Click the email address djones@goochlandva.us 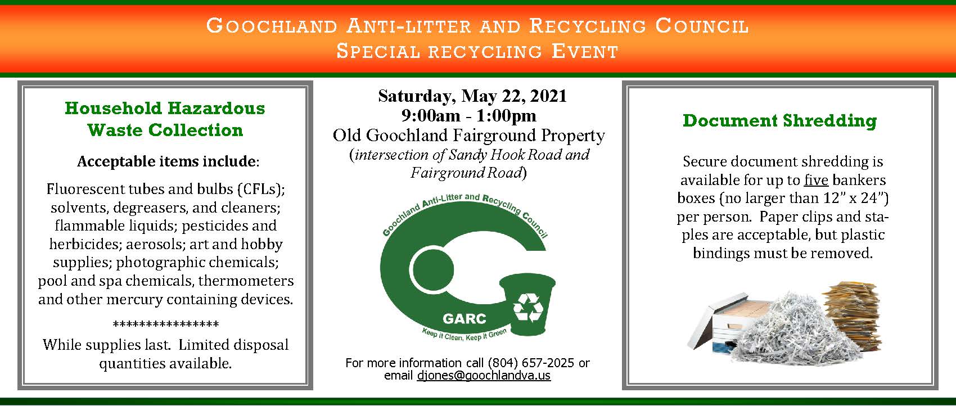(484, 376)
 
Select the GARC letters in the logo (464, 318)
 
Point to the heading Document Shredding (779, 120)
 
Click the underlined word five (816, 180)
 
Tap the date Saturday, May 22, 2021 (472, 96)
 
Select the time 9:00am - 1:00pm (468, 116)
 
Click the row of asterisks (165, 325)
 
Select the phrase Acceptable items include (166, 162)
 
